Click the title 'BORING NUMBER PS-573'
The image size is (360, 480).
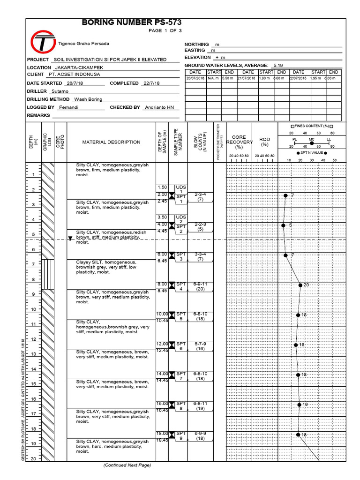point(132,22)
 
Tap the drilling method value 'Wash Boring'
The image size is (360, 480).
point(88,99)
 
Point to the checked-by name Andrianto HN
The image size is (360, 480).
point(161,107)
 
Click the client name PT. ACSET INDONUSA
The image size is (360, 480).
point(75,75)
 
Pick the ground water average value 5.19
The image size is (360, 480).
point(278,65)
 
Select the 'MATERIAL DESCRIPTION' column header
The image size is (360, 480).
point(111,142)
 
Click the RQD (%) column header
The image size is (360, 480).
point(265,142)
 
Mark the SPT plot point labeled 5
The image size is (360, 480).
point(283,225)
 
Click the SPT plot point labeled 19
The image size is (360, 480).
point(299,405)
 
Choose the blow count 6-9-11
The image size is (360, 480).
point(200,284)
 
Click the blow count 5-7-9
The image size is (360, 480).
point(200,344)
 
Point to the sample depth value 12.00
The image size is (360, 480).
point(162,344)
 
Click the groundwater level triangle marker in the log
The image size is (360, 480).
point(70,238)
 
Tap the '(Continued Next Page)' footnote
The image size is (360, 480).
point(127,465)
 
